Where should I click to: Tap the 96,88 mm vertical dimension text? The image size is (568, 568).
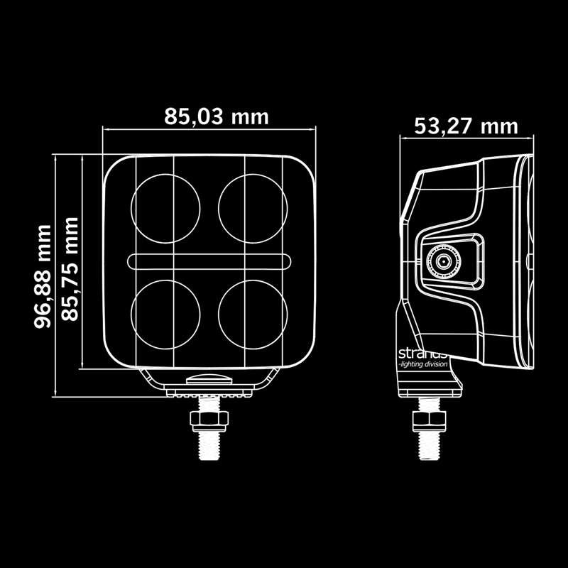[44, 276]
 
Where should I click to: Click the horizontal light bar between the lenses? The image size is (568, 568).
[209, 261]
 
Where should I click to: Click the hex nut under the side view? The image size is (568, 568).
[428, 419]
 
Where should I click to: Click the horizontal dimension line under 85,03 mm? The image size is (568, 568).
[209, 130]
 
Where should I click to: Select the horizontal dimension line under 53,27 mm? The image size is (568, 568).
[466, 139]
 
